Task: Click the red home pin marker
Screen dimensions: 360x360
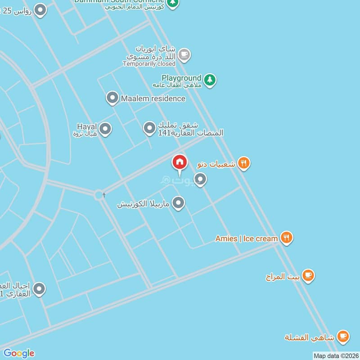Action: click(180, 162)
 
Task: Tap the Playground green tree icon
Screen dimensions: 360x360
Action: click(209, 80)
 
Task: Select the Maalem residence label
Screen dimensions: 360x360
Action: click(153, 98)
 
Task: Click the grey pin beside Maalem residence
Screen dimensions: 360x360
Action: click(112, 98)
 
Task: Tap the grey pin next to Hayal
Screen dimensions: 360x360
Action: click(105, 130)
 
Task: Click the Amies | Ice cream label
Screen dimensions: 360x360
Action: click(246, 238)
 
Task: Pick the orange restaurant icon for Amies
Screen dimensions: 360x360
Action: click(286, 238)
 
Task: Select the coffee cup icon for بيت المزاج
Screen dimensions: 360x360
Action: click(308, 275)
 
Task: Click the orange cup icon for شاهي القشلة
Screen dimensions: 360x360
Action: click(343, 336)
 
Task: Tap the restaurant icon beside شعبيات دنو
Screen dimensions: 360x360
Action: click(243, 163)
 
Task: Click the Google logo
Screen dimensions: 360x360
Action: click(19, 353)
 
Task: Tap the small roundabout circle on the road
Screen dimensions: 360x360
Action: click(99, 195)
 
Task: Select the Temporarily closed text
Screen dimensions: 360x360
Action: click(149, 64)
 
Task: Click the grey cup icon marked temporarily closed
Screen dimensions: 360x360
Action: click(184, 55)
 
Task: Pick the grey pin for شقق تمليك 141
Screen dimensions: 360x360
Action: click(149, 129)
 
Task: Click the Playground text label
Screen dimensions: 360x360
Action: click(181, 78)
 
